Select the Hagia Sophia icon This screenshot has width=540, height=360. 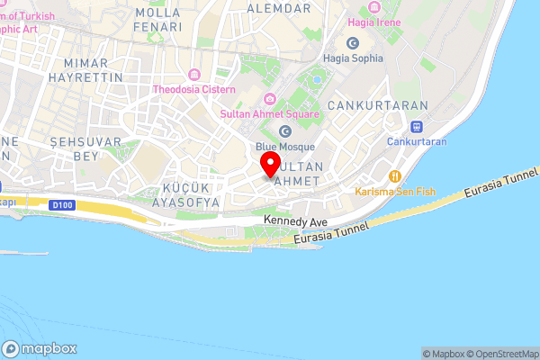[x=351, y=43]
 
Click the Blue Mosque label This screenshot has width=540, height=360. [x=284, y=146]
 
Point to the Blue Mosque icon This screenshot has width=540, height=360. [x=284, y=131]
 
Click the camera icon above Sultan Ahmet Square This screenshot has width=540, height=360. [x=267, y=98]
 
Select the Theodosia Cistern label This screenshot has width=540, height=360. [x=193, y=89]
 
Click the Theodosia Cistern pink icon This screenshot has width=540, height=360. [x=193, y=75]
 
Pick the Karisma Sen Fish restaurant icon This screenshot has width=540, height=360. [x=393, y=175]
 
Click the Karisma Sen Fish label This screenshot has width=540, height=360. [x=393, y=191]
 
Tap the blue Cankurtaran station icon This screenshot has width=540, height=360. [x=417, y=127]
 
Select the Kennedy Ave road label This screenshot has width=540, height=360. [x=295, y=220]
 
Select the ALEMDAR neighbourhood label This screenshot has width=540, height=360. [x=283, y=7]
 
